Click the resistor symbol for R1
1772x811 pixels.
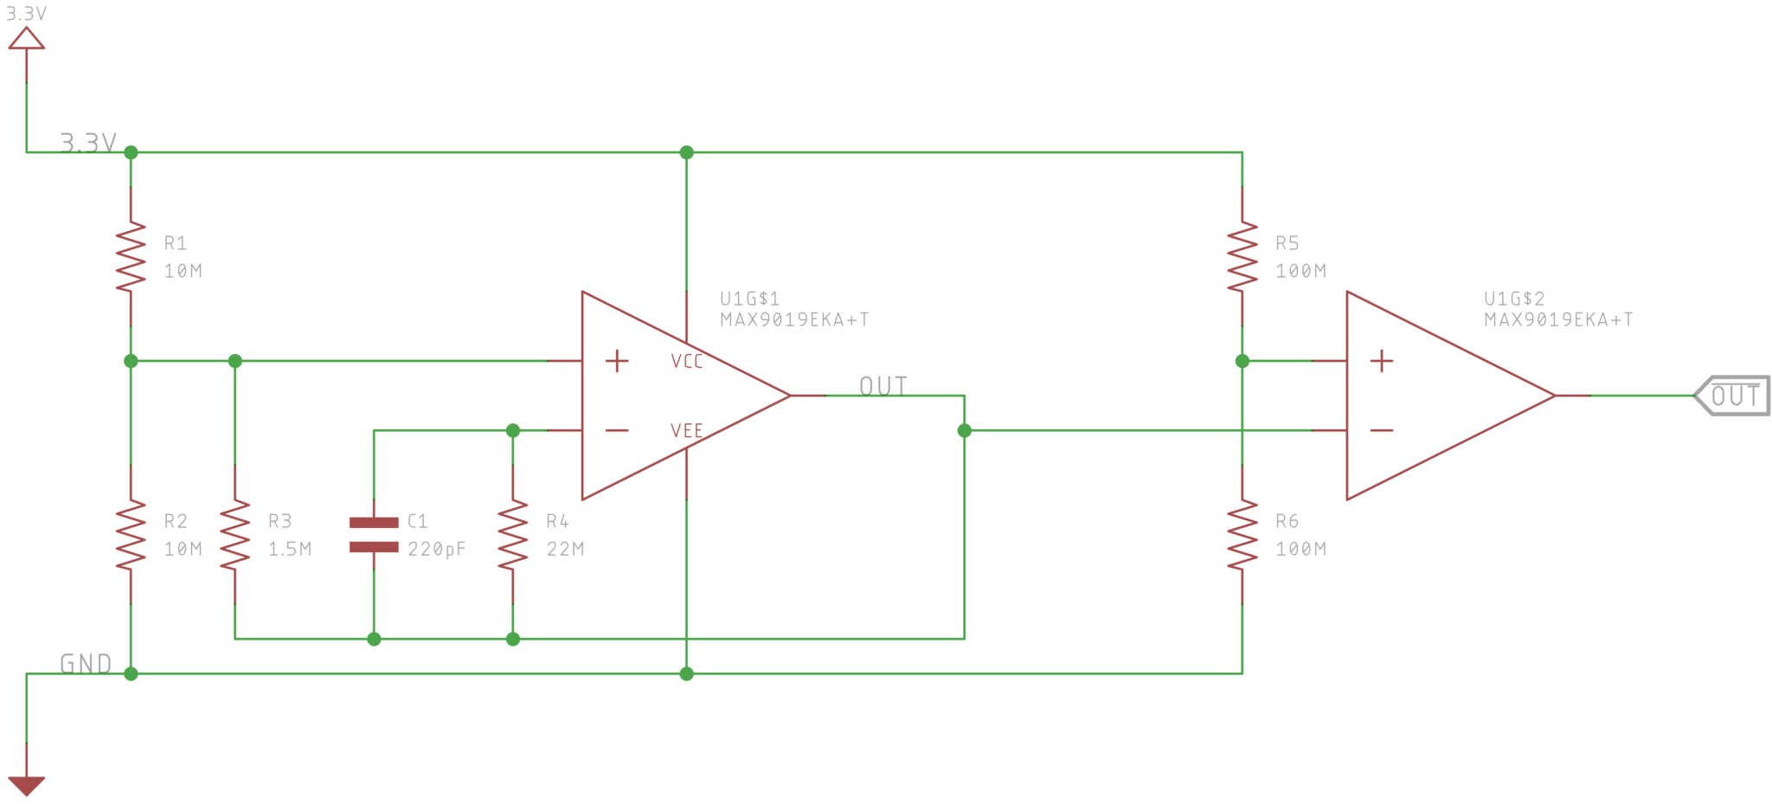click(131, 256)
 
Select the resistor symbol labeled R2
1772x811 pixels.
click(131, 534)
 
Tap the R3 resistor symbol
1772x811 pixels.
click(234, 534)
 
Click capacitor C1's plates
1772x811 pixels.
click(374, 534)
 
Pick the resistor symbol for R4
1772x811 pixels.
click(512, 534)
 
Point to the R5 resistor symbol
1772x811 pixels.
click(1242, 256)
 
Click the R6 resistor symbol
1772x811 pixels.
click(1242, 534)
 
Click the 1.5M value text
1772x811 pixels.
click(289, 549)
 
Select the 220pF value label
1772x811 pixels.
click(436, 549)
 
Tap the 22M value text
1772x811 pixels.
click(565, 549)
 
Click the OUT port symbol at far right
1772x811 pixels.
click(1732, 396)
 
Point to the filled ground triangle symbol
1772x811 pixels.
click(27, 784)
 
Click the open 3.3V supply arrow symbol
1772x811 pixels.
click(27, 39)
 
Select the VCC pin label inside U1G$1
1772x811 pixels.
click(687, 361)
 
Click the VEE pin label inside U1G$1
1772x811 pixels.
click(687, 430)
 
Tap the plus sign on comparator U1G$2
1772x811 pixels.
click(1382, 361)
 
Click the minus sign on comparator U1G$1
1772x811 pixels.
click(617, 430)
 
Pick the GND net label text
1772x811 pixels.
click(86, 664)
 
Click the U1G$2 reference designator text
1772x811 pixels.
click(1514, 299)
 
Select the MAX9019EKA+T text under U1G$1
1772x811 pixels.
click(794, 319)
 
